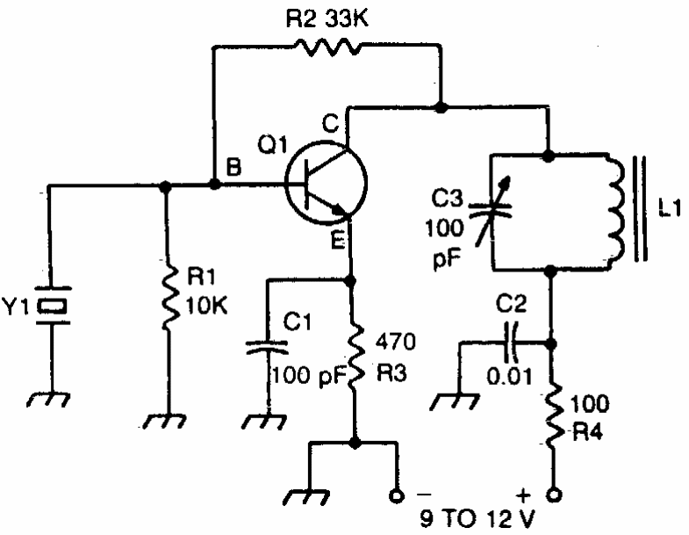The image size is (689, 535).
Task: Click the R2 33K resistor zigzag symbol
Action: [327, 47]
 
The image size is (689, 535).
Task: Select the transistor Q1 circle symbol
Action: [284, 183]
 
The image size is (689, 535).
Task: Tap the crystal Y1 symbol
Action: [53, 306]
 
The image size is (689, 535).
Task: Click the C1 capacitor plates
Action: [266, 347]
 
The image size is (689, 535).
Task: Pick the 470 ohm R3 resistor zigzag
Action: [355, 358]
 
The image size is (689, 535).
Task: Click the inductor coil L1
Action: [615, 211]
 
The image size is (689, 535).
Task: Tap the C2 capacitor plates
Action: [511, 342]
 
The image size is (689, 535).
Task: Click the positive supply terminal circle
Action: [554, 495]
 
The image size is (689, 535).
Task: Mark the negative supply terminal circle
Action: [397, 496]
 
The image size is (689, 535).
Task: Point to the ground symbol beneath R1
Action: [164, 421]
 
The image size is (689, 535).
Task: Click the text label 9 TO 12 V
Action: [477, 518]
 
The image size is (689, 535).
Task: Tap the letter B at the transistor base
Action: [233, 167]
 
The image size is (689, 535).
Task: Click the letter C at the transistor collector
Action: [330, 124]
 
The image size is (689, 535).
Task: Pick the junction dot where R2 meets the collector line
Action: [441, 107]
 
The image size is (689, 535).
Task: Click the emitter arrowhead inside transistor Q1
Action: [338, 210]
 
